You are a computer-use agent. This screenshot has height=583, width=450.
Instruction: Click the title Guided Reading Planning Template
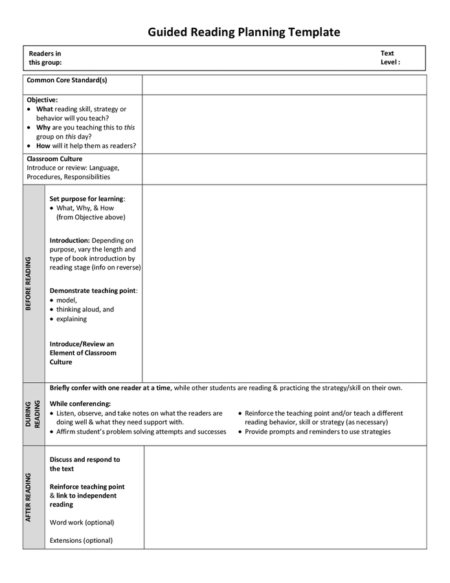[243, 32]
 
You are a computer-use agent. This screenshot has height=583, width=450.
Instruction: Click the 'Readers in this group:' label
[45, 58]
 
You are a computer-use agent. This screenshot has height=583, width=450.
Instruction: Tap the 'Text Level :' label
[390, 58]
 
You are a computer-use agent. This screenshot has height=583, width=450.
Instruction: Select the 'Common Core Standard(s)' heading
[67, 80]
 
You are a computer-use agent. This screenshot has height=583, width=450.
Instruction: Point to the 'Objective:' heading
[42, 100]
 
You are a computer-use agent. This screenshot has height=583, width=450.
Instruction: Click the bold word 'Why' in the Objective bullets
[43, 128]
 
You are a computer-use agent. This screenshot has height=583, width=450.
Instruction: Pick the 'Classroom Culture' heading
[54, 159]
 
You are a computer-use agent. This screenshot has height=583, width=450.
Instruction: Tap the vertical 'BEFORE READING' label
[28, 284]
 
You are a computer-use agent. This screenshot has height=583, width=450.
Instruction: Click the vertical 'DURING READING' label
[33, 414]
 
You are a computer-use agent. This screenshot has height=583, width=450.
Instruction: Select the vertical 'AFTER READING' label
[28, 497]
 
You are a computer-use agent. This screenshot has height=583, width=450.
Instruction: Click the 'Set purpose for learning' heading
[86, 199]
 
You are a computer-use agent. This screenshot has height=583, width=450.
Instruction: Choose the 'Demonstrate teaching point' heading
[93, 291]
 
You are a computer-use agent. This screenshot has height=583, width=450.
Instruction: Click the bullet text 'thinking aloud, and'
[85, 310]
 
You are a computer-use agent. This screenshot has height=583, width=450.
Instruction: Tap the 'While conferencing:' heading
[80, 404]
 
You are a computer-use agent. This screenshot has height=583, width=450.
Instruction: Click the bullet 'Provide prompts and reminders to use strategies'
[317, 431]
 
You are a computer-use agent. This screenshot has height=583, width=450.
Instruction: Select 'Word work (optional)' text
[82, 522]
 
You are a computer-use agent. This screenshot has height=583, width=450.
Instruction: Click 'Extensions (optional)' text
[81, 540]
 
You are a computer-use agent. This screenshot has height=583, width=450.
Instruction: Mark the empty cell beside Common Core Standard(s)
[284, 84]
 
